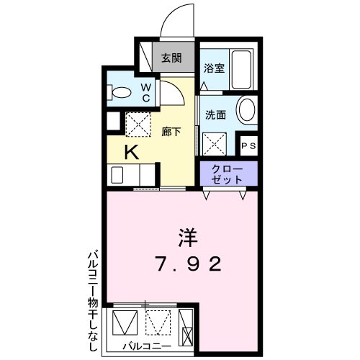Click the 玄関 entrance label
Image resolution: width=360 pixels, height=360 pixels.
pyautogui.click(x=171, y=58)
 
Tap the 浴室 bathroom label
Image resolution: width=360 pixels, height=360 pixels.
pyautogui.click(x=214, y=68)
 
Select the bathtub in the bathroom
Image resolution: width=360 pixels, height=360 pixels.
pyautogui.click(x=241, y=69)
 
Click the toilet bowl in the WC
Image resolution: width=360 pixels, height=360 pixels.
pyautogui.click(x=122, y=92)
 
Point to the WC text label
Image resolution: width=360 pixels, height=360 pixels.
pyautogui.click(x=146, y=93)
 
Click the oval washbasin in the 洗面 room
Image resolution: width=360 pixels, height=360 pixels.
pyautogui.click(x=246, y=111)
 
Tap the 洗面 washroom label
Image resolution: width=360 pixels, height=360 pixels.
pyautogui.click(x=215, y=115)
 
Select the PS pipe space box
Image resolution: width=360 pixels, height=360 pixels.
pyautogui.click(x=249, y=145)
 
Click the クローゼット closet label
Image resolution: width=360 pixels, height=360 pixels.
pyautogui.click(x=227, y=174)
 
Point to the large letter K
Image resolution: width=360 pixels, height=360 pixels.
pyautogui.click(x=132, y=153)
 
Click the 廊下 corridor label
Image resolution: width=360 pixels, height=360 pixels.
pyautogui.click(x=171, y=132)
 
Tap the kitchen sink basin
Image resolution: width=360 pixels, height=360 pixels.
pyautogui.click(x=117, y=175)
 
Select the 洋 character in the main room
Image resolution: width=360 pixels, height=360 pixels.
pyautogui.click(x=188, y=238)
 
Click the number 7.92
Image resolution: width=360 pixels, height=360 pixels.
pyautogui.click(x=189, y=264)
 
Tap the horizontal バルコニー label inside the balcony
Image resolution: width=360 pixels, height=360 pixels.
pyautogui.click(x=147, y=346)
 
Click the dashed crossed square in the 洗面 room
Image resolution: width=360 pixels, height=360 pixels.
pyautogui.click(x=215, y=144)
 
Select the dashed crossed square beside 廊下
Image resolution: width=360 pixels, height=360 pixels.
pyautogui.click(x=138, y=125)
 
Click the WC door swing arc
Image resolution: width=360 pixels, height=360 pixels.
pyautogui.click(x=178, y=87)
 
